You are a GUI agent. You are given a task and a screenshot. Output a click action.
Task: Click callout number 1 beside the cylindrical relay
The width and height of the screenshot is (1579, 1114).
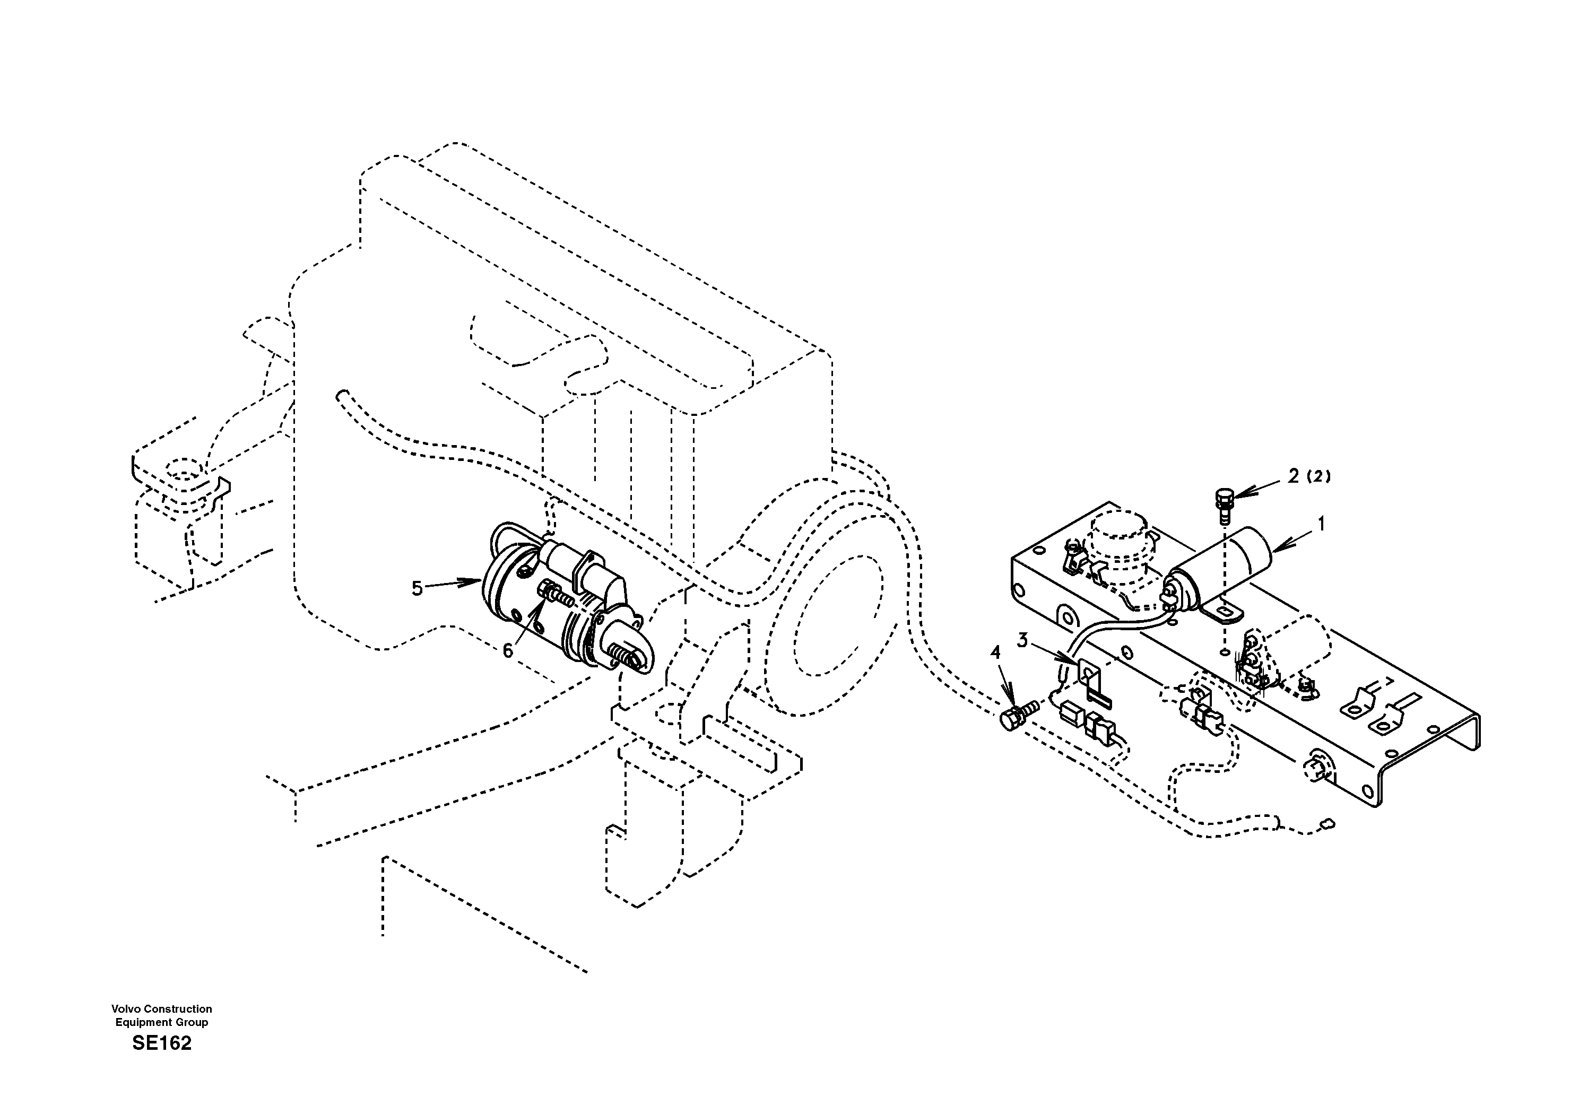click(x=1320, y=525)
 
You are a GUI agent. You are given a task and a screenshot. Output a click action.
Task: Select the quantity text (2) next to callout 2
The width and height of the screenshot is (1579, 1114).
click(x=1318, y=476)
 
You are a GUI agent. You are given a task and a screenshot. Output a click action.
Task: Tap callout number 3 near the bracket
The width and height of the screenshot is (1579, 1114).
click(x=1022, y=640)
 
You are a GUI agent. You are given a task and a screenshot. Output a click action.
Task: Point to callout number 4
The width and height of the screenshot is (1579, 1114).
click(x=995, y=652)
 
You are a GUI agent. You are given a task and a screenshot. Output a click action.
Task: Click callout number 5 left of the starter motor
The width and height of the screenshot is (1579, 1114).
click(x=417, y=589)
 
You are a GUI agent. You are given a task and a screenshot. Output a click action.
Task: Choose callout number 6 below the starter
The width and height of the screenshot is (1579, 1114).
click(x=508, y=650)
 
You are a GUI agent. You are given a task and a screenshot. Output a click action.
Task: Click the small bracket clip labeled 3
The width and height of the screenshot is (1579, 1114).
click(x=1089, y=680)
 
